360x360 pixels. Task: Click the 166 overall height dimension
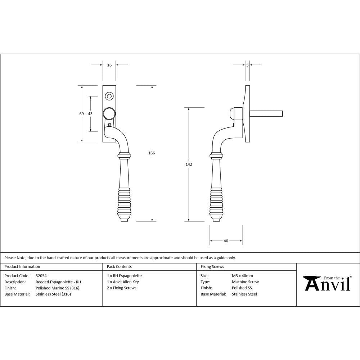(152, 153)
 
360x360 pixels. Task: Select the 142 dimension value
(189, 164)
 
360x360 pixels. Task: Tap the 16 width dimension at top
(109, 65)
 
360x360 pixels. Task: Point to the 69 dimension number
(82, 114)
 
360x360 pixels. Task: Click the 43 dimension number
(90, 114)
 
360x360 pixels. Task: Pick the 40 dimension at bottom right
(226, 241)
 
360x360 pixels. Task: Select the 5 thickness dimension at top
(247, 65)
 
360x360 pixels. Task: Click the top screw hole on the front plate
(109, 96)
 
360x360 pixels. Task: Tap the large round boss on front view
(109, 114)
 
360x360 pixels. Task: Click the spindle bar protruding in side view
(266, 114)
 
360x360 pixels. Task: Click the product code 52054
(41, 276)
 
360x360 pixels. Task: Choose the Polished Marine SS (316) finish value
(58, 288)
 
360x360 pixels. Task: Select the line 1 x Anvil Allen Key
(123, 282)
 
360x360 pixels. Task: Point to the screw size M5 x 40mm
(242, 276)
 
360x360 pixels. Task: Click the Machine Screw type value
(245, 282)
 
